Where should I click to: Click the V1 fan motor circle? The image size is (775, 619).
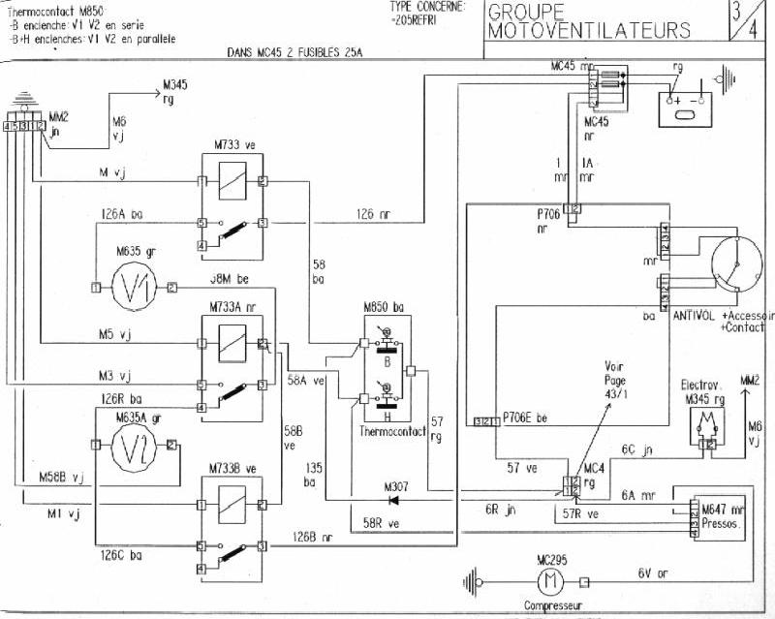click(133, 287)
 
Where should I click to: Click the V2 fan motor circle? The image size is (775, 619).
click(133, 445)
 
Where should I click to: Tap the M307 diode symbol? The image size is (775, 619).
click(394, 501)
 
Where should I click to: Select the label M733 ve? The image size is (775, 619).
click(233, 144)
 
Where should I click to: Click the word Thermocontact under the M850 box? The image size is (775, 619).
click(391, 432)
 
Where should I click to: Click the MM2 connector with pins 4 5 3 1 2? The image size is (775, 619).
click(24, 126)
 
